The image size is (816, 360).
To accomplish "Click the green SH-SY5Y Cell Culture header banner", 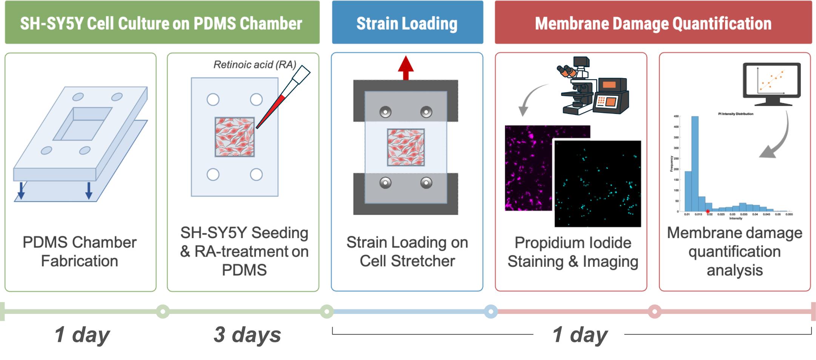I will [x=162, y=23].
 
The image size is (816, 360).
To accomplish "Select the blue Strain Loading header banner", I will [x=407, y=23].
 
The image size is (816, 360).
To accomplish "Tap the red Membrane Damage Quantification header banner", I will [x=653, y=23].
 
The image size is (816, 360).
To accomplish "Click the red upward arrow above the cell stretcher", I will [x=406, y=68].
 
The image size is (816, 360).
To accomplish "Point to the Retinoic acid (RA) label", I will [x=255, y=65].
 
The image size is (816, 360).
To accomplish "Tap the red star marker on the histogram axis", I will [x=708, y=212].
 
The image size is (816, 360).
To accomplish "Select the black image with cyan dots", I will [x=598, y=184].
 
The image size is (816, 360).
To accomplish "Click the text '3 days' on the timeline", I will [x=247, y=335].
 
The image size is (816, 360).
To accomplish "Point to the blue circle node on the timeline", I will [x=490, y=311].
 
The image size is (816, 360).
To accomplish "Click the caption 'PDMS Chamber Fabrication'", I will [x=80, y=252].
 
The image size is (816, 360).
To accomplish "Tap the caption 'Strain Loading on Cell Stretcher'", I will [x=407, y=252].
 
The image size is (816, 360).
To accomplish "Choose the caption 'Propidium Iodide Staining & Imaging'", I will [x=573, y=252].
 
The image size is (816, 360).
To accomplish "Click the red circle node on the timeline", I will [x=655, y=311].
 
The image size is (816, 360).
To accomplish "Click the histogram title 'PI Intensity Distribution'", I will [x=735, y=114].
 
